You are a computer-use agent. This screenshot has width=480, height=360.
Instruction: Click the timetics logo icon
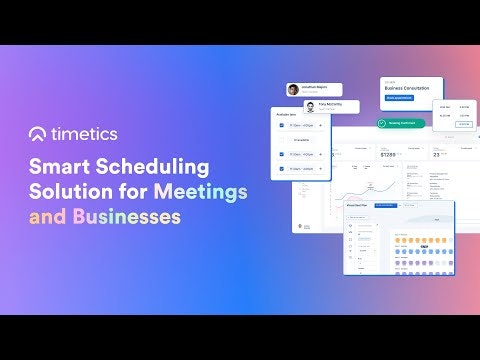tap(39, 134)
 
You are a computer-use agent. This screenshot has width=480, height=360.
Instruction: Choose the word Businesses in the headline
tap(125, 215)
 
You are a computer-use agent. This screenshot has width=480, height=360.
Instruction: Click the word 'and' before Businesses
tap(46, 215)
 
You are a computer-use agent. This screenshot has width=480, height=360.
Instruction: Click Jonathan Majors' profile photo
tap(293, 90)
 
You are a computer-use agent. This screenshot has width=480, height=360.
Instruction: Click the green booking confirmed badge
tap(401, 123)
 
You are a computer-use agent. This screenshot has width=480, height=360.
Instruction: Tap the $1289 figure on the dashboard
tap(365, 155)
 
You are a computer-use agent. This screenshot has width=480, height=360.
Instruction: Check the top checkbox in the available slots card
tap(281, 127)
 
